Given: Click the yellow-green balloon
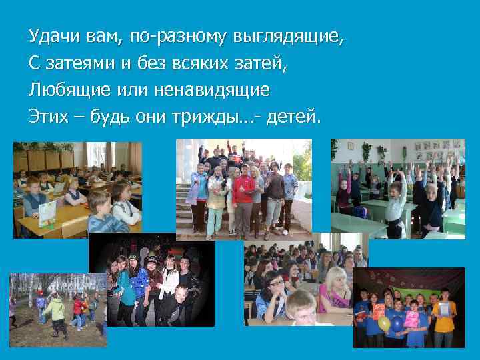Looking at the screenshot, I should [x=384, y=323].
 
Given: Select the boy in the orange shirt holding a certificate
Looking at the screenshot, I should [x=443, y=317].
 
